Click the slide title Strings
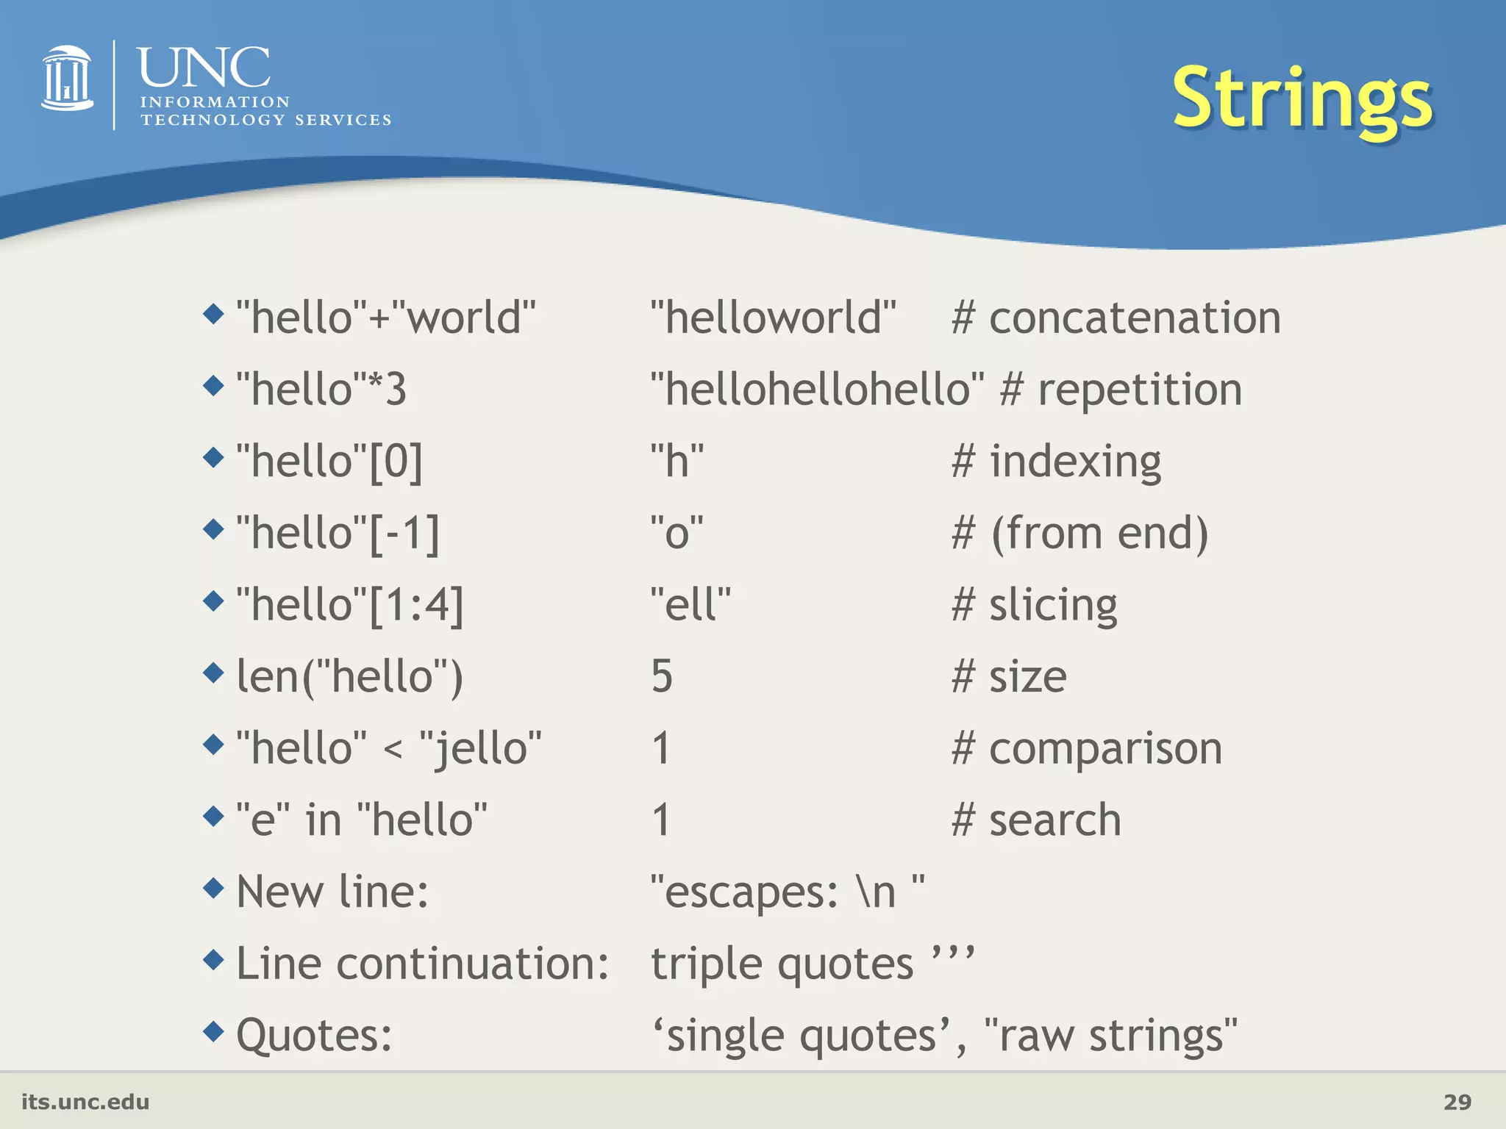1302,99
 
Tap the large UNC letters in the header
204,68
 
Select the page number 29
1457,1102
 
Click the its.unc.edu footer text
85,1102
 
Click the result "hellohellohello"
817,390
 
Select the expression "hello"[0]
329,462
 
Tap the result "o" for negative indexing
677,533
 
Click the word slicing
1052,606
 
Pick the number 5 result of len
662,676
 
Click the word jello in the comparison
481,748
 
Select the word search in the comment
1054,820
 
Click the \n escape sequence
877,892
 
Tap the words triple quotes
782,964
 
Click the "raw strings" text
1110,1036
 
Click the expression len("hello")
350,676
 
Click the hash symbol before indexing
963,462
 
